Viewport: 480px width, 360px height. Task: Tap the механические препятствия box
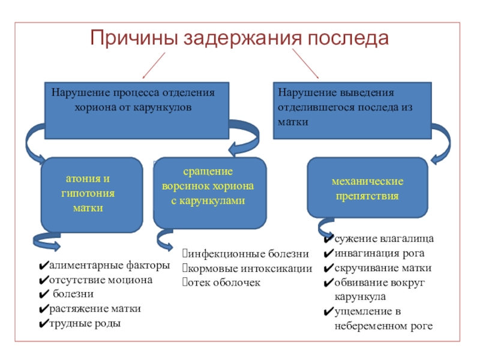[368, 188]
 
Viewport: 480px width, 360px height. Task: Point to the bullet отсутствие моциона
[101, 280]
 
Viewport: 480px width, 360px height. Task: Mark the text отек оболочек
[224, 282]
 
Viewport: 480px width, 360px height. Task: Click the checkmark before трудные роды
[43, 324]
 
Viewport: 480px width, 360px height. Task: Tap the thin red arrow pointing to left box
[154, 64]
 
